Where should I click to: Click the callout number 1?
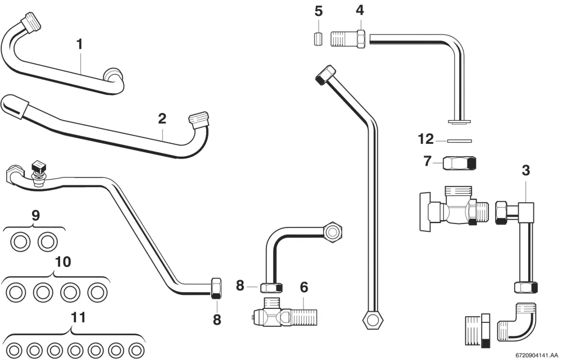[80, 44]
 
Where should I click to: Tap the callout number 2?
[162, 119]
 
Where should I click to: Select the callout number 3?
[525, 171]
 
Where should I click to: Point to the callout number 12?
[426, 139]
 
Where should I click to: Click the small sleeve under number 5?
[318, 39]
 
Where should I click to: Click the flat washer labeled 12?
[459, 141]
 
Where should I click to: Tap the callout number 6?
[303, 287]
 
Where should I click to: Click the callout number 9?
[35, 216]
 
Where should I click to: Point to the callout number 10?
[63, 262]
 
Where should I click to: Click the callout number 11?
[78, 317]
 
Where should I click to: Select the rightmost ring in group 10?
[97, 293]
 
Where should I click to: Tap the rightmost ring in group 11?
[137, 350]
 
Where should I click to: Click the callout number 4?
[360, 10]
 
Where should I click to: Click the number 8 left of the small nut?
[240, 286]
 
